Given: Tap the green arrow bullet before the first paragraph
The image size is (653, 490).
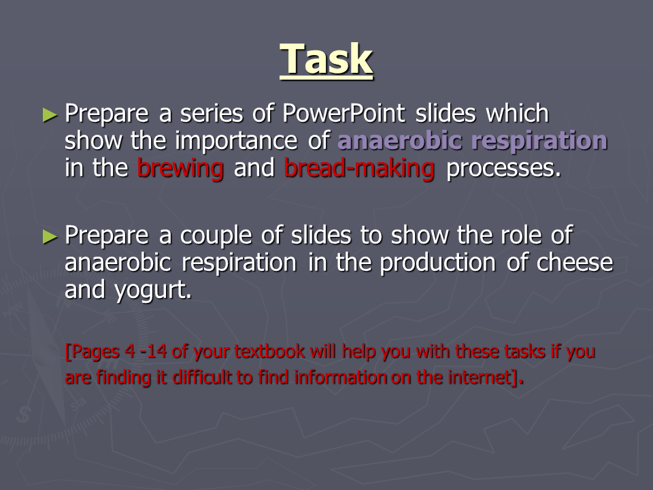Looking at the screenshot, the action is click(x=50, y=115).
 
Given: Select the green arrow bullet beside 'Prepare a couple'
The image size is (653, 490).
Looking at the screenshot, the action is click(x=50, y=237).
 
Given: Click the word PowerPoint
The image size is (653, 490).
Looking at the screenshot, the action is click(x=344, y=114).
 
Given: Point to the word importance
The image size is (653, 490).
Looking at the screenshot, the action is click(x=236, y=141).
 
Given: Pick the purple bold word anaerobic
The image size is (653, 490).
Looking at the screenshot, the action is click(x=399, y=140).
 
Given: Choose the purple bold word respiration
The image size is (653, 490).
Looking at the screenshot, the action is click(x=539, y=141).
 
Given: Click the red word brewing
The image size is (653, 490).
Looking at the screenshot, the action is click(x=180, y=168).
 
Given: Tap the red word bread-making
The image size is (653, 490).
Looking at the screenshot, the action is click(x=359, y=168).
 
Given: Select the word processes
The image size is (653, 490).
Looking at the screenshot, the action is click(x=503, y=169).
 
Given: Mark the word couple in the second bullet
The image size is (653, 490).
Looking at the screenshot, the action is click(x=216, y=235).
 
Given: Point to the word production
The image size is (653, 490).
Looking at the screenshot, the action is click(x=437, y=263).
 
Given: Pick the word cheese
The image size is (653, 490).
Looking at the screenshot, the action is click(x=575, y=263).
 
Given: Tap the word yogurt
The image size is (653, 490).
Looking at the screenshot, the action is click(x=153, y=291).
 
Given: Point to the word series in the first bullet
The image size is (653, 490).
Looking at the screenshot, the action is click(x=212, y=114).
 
